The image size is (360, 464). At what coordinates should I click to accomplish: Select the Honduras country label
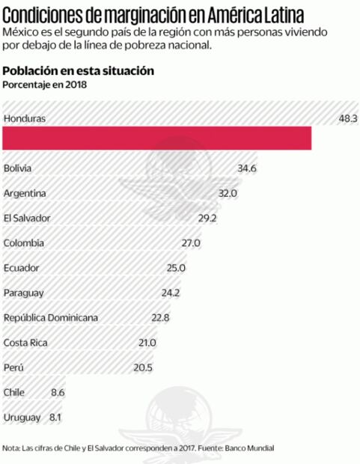[x=25, y=118]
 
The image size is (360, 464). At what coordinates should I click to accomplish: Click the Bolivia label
[x=18, y=168]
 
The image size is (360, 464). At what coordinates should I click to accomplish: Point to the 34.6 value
[x=247, y=168]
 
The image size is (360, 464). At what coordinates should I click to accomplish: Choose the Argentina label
[x=25, y=193]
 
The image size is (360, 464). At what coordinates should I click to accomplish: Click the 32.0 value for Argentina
[x=228, y=193]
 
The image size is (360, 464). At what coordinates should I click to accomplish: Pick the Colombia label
[x=24, y=242]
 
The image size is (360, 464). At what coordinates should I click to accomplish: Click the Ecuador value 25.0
[x=176, y=267]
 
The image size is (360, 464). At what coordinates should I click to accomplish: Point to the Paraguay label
[x=24, y=292]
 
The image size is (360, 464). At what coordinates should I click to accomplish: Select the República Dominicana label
[x=51, y=317]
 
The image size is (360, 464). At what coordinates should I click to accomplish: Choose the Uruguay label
[x=22, y=416]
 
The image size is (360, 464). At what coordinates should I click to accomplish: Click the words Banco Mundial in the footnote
[x=250, y=448]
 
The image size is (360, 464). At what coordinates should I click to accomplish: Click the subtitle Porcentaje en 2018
[x=45, y=85]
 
